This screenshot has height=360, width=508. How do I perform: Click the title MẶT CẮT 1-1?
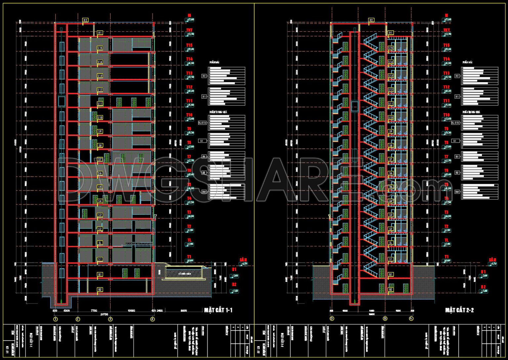[x=218, y=310]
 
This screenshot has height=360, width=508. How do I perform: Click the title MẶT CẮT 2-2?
[x=459, y=310]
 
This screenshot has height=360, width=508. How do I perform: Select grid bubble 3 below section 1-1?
[x=110, y=319]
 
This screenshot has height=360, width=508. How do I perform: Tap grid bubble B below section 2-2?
[x=385, y=319]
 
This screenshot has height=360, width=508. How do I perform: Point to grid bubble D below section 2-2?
[x=332, y=319]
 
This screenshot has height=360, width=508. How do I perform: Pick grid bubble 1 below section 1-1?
[x=56, y=319]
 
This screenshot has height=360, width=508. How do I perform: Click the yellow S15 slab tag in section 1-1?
[x=100, y=48]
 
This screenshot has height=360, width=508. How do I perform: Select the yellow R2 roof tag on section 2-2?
[x=371, y=20]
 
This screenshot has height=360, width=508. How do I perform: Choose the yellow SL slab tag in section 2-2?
[x=391, y=243]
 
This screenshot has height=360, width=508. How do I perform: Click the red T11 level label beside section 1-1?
[x=189, y=101]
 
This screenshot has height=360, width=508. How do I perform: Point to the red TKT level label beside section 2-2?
[x=446, y=30]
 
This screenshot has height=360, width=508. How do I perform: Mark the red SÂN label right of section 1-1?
[x=243, y=260]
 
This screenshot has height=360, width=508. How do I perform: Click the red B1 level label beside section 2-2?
[x=483, y=272]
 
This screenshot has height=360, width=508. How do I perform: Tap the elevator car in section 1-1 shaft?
[x=62, y=101]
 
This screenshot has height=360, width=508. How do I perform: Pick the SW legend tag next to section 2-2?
[x=457, y=192]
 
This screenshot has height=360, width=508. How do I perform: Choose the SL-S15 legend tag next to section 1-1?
[x=202, y=123]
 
